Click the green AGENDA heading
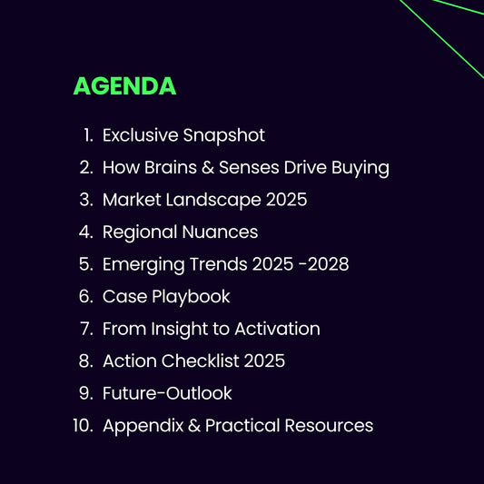click(124, 86)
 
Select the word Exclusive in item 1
click(140, 135)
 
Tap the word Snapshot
click(223, 135)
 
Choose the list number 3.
click(86, 200)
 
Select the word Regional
click(137, 232)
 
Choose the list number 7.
click(86, 329)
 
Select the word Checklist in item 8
click(199, 361)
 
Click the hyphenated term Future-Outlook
click(167, 393)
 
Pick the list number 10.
click(84, 426)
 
